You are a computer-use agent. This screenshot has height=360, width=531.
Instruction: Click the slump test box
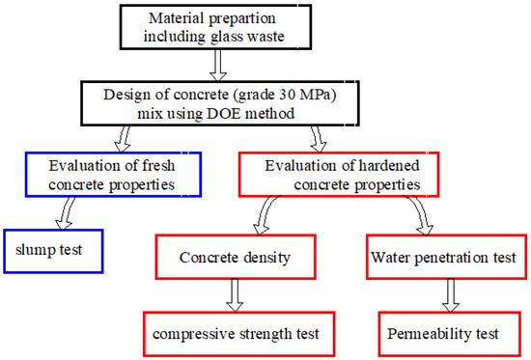tap(51, 251)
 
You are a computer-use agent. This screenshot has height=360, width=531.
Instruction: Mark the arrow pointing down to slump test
tap(68, 210)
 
